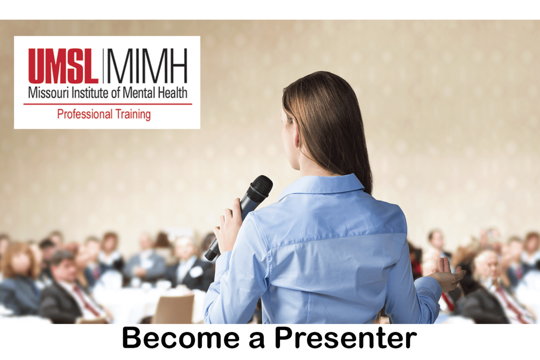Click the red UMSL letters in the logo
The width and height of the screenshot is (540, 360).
click(x=63, y=66)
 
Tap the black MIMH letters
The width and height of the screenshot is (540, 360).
click(x=147, y=66)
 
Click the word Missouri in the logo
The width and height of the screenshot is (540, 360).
click(x=49, y=93)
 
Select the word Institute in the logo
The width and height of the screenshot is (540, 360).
click(x=90, y=93)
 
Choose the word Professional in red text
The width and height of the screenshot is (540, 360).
click(x=85, y=115)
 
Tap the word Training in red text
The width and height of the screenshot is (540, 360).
click(x=133, y=115)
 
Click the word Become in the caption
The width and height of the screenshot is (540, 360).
click(x=180, y=337)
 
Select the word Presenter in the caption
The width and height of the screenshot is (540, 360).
click(x=346, y=337)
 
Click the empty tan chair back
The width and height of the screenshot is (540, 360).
click(x=174, y=309)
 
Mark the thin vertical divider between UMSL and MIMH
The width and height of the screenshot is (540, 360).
click(x=103, y=66)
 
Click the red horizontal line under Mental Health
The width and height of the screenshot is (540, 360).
click(x=108, y=104)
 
